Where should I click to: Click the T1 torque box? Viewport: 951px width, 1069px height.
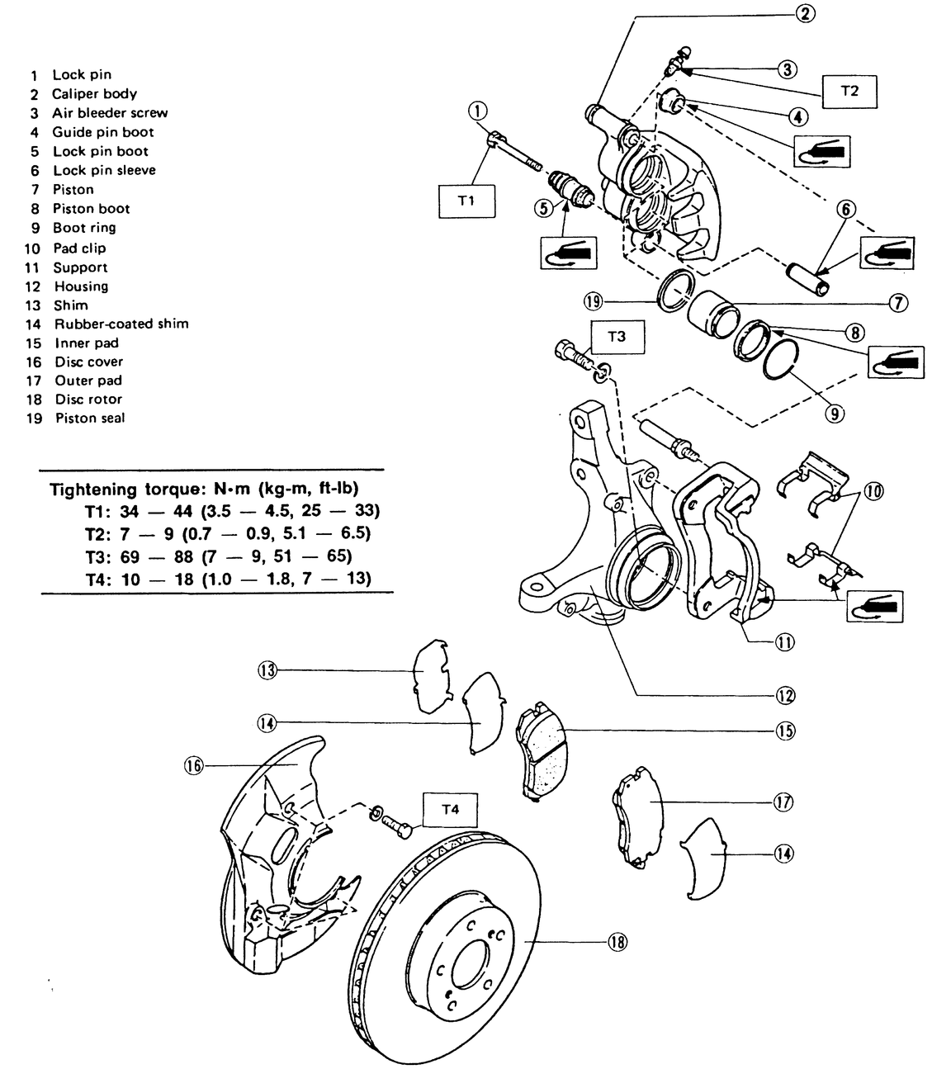(x=466, y=200)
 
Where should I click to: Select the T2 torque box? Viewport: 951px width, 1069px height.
(x=849, y=91)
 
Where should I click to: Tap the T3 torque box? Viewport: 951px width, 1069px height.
(x=617, y=337)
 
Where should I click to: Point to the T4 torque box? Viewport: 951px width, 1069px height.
(x=450, y=810)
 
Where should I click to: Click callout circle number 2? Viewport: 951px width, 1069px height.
(x=806, y=12)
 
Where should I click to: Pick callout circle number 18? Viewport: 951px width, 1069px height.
(x=617, y=942)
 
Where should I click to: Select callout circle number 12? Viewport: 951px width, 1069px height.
(x=784, y=695)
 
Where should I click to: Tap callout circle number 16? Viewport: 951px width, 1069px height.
(x=193, y=765)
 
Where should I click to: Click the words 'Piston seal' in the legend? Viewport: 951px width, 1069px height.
(x=90, y=418)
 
